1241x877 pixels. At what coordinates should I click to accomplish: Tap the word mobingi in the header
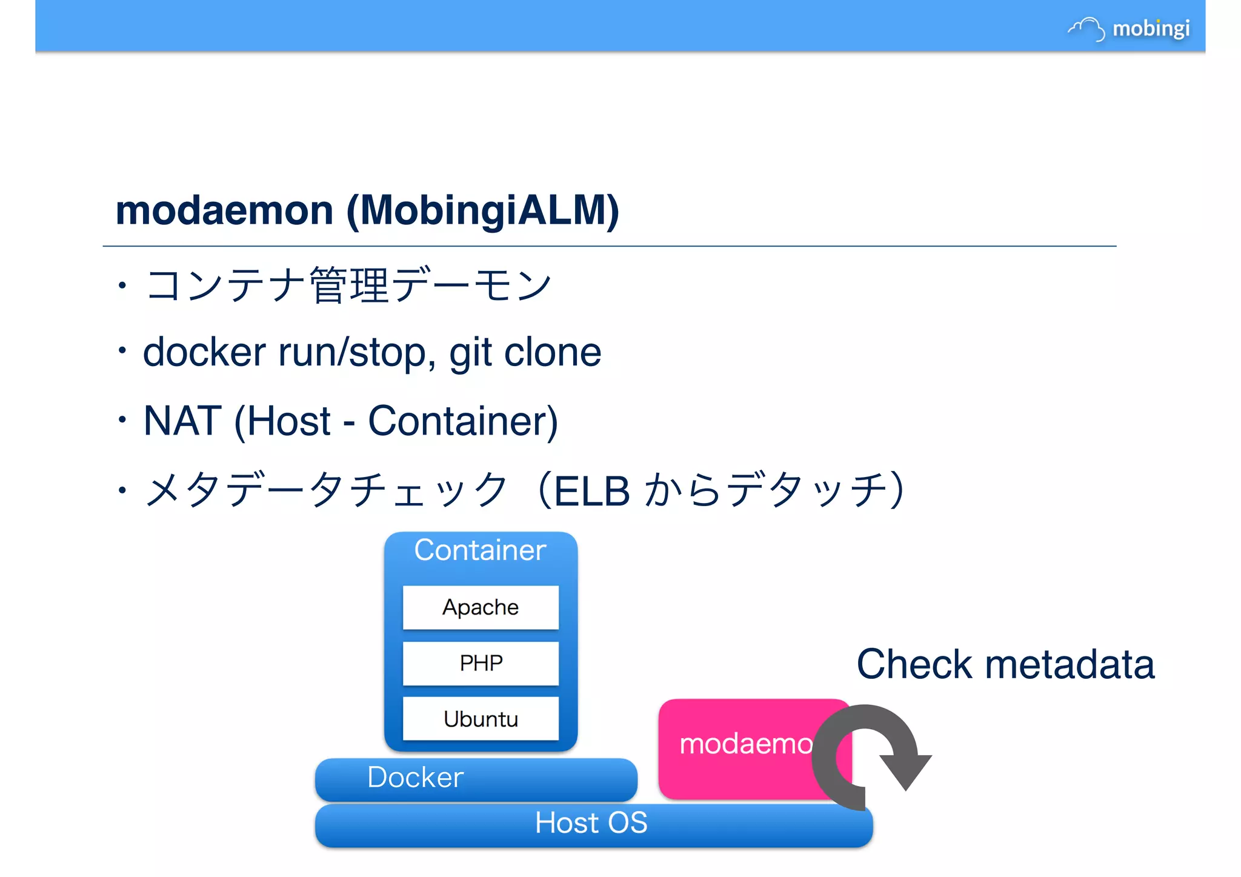1151,28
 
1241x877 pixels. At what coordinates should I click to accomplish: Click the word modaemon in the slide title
224,210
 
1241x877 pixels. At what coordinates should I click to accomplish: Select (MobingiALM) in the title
482,210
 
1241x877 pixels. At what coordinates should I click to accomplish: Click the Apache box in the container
481,607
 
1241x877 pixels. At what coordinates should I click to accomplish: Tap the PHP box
481,663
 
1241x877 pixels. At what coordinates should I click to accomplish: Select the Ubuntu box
481,719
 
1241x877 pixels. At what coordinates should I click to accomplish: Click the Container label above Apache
480,550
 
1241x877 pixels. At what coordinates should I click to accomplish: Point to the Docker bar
476,778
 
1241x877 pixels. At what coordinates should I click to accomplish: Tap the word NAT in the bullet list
181,421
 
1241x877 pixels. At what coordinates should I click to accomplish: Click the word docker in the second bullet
204,352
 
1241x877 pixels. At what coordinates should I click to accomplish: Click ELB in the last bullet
592,490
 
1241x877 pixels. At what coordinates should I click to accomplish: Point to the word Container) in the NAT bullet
463,421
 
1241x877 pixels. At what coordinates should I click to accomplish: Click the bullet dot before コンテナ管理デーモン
122,284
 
